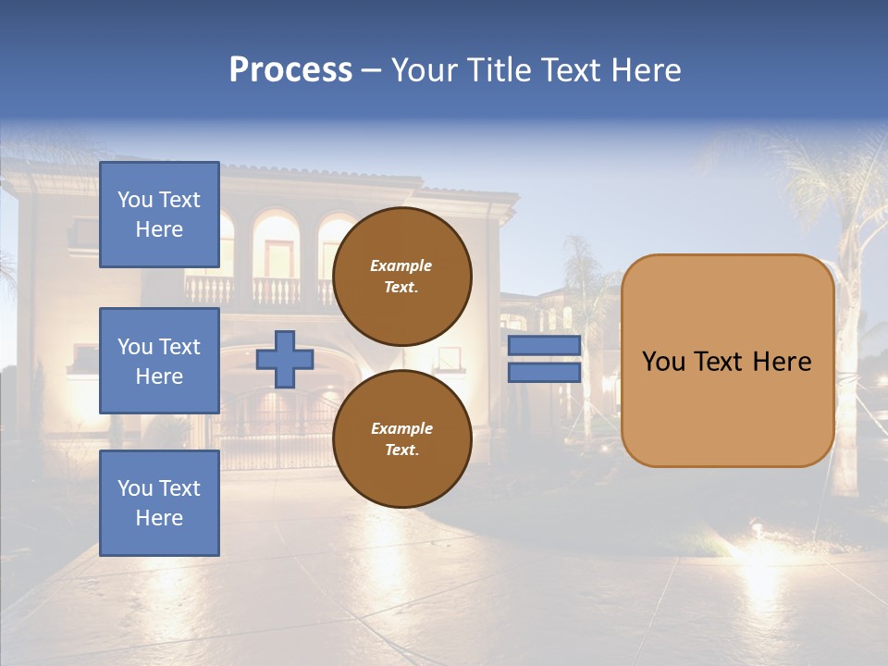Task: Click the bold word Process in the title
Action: [290, 70]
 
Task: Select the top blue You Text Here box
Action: [159, 215]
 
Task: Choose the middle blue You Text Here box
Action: [159, 361]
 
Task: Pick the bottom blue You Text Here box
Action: [159, 503]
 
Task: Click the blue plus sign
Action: [285, 359]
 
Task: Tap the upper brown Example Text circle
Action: [401, 277]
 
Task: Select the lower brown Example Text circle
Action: [401, 439]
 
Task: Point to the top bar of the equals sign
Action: [544, 346]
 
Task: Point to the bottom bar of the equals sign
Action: [544, 373]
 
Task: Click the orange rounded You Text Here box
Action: [727, 361]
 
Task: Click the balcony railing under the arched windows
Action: [250, 290]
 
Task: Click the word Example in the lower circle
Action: [401, 428]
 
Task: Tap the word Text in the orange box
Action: [724, 361]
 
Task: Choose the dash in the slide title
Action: [372, 71]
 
